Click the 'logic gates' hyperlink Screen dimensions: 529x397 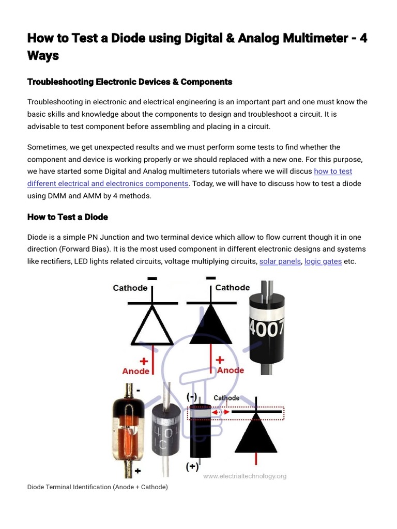pyautogui.click(x=323, y=261)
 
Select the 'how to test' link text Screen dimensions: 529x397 pyautogui.click(x=333, y=171)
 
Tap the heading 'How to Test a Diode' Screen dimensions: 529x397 pyautogui.click(x=67, y=217)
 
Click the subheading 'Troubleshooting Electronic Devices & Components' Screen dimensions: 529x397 pyautogui.click(x=129, y=82)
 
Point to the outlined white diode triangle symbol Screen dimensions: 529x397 pyautogui.click(x=152, y=325)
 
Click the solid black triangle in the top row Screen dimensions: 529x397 pyautogui.click(x=211, y=323)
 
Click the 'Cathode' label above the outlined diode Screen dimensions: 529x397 pyautogui.click(x=130, y=288)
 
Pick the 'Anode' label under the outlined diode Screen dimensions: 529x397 pyautogui.click(x=136, y=371)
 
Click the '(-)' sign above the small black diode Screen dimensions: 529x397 pyautogui.click(x=192, y=397)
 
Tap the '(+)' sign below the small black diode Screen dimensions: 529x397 pyautogui.click(x=192, y=467)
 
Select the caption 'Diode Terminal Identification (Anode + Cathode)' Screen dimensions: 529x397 pyautogui.click(x=97, y=487)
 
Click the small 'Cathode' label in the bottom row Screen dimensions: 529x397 pyautogui.click(x=226, y=398)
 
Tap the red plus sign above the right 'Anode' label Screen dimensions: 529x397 pyautogui.click(x=220, y=360)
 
